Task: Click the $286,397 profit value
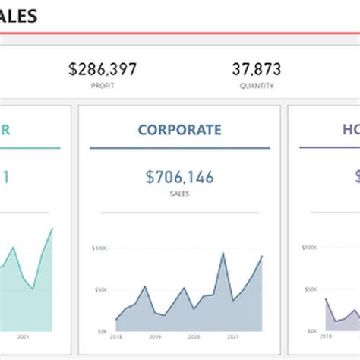(x=103, y=70)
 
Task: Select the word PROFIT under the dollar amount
(x=103, y=87)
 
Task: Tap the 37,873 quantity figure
(x=256, y=70)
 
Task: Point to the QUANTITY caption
(x=256, y=87)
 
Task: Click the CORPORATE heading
(x=180, y=130)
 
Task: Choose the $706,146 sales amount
(x=180, y=178)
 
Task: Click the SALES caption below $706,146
(x=180, y=194)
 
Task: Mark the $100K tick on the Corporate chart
(x=99, y=248)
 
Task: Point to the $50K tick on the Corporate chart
(x=99, y=290)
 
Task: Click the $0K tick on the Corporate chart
(x=101, y=331)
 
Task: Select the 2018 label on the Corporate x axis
(x=116, y=336)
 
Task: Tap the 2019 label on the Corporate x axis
(x=155, y=336)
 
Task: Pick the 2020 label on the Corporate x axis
(x=194, y=336)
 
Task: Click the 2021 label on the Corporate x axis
(x=232, y=336)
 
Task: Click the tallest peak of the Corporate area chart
(x=223, y=254)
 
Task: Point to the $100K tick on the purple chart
(x=308, y=248)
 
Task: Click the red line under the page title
(x=180, y=33)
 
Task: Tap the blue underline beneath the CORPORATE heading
(x=180, y=148)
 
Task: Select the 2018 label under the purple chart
(x=326, y=336)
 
